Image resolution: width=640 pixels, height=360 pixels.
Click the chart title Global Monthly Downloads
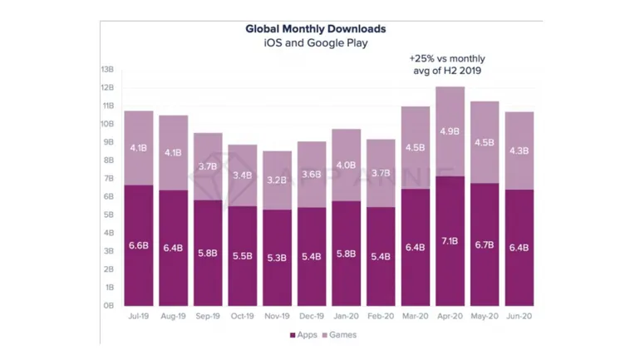(315, 28)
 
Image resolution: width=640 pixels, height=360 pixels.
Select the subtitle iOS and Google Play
(315, 42)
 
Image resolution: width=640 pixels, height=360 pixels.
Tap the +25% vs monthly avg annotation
(446, 65)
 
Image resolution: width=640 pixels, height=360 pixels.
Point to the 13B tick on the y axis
(107, 69)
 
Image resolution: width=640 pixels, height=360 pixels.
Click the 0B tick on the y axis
(108, 305)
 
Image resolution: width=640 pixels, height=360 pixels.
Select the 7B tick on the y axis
(108, 178)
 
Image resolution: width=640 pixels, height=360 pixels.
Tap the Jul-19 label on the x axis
(138, 317)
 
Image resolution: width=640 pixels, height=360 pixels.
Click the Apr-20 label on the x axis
(450, 317)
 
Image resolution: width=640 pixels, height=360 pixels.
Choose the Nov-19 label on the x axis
(277, 317)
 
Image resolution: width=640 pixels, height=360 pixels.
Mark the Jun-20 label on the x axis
(519, 317)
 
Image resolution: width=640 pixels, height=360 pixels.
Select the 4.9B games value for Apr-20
(450, 131)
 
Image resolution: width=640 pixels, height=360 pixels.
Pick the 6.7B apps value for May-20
(485, 247)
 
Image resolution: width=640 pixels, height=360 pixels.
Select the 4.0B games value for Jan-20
(346, 165)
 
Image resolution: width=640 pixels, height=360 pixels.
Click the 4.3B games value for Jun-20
(519, 150)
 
